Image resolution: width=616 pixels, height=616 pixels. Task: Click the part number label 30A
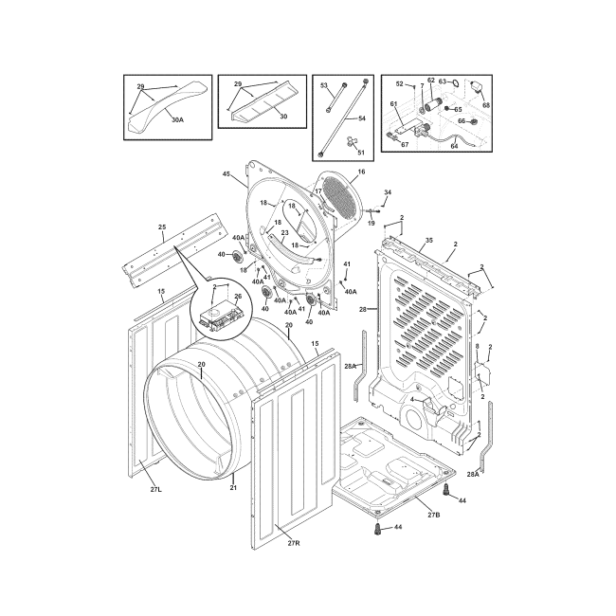click(x=177, y=119)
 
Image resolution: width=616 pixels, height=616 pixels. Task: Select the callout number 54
click(x=362, y=118)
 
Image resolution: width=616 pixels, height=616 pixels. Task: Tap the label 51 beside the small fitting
click(x=361, y=152)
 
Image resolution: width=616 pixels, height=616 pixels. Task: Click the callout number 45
click(x=226, y=173)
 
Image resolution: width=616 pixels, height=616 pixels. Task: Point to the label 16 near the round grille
click(x=361, y=172)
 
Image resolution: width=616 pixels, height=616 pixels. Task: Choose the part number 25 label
click(x=162, y=226)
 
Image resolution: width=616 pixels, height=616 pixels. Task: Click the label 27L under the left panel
click(x=156, y=490)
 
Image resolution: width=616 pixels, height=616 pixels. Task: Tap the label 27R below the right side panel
click(x=294, y=543)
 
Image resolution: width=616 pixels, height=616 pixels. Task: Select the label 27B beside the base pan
click(x=434, y=515)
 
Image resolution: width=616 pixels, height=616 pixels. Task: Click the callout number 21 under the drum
click(x=233, y=487)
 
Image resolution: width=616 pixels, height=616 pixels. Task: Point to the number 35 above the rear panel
click(x=429, y=240)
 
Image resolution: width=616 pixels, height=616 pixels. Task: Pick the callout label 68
click(x=486, y=105)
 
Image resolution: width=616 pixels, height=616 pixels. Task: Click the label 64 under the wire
click(x=454, y=146)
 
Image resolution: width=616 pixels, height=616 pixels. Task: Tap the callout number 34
click(x=388, y=192)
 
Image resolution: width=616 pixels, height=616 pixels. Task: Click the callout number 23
click(x=285, y=232)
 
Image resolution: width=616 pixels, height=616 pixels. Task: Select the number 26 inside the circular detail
click(x=238, y=297)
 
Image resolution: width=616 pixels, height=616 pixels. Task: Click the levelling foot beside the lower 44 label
click(x=378, y=528)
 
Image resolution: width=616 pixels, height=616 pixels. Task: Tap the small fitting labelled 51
click(x=350, y=141)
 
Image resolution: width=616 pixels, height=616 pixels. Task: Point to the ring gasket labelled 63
click(x=454, y=82)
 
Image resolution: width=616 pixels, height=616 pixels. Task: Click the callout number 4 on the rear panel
click(x=411, y=399)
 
